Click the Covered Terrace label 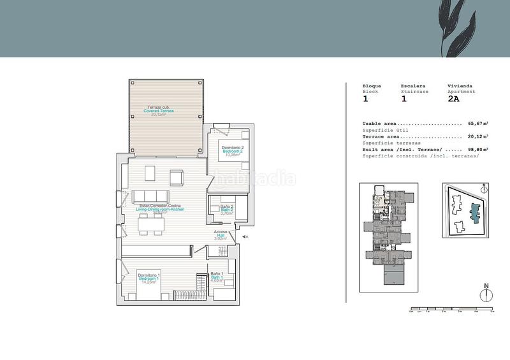pyautogui.click(x=159, y=111)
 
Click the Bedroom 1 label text pyautogui.click(x=149, y=279)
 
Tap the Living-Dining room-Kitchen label pyautogui.click(x=159, y=208)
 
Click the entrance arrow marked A pyautogui.click(x=243, y=236)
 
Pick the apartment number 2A pyautogui.click(x=454, y=99)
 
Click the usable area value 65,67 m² pyautogui.click(x=478, y=124)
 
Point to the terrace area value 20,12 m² pyautogui.click(x=478, y=136)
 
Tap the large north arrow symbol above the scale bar pyautogui.click(x=486, y=293)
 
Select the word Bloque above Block pyautogui.click(x=372, y=86)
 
